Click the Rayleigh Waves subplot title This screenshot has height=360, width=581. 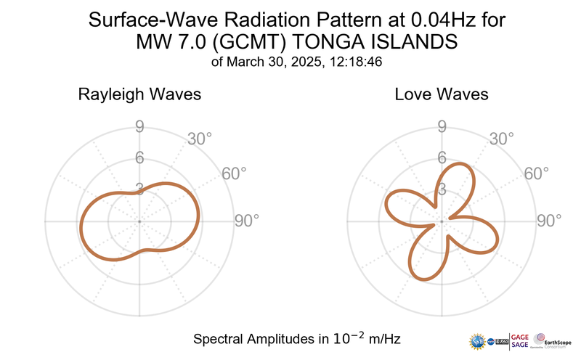pyautogui.click(x=139, y=94)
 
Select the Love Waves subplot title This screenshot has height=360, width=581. pyautogui.click(x=442, y=94)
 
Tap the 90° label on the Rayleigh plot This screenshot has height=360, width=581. pyautogui.click(x=246, y=221)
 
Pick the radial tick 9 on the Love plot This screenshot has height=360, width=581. pyautogui.click(x=442, y=128)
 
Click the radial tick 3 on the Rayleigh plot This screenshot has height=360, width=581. pyautogui.click(x=139, y=189)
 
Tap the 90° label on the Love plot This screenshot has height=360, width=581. pyautogui.click(x=548, y=221)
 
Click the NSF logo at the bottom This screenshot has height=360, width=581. pyautogui.click(x=479, y=340)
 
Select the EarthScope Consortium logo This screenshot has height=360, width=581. pyautogui.click(x=553, y=340)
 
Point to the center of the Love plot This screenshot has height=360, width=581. pyautogui.click(x=442, y=221)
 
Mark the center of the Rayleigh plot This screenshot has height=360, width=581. pyautogui.click(x=139, y=221)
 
